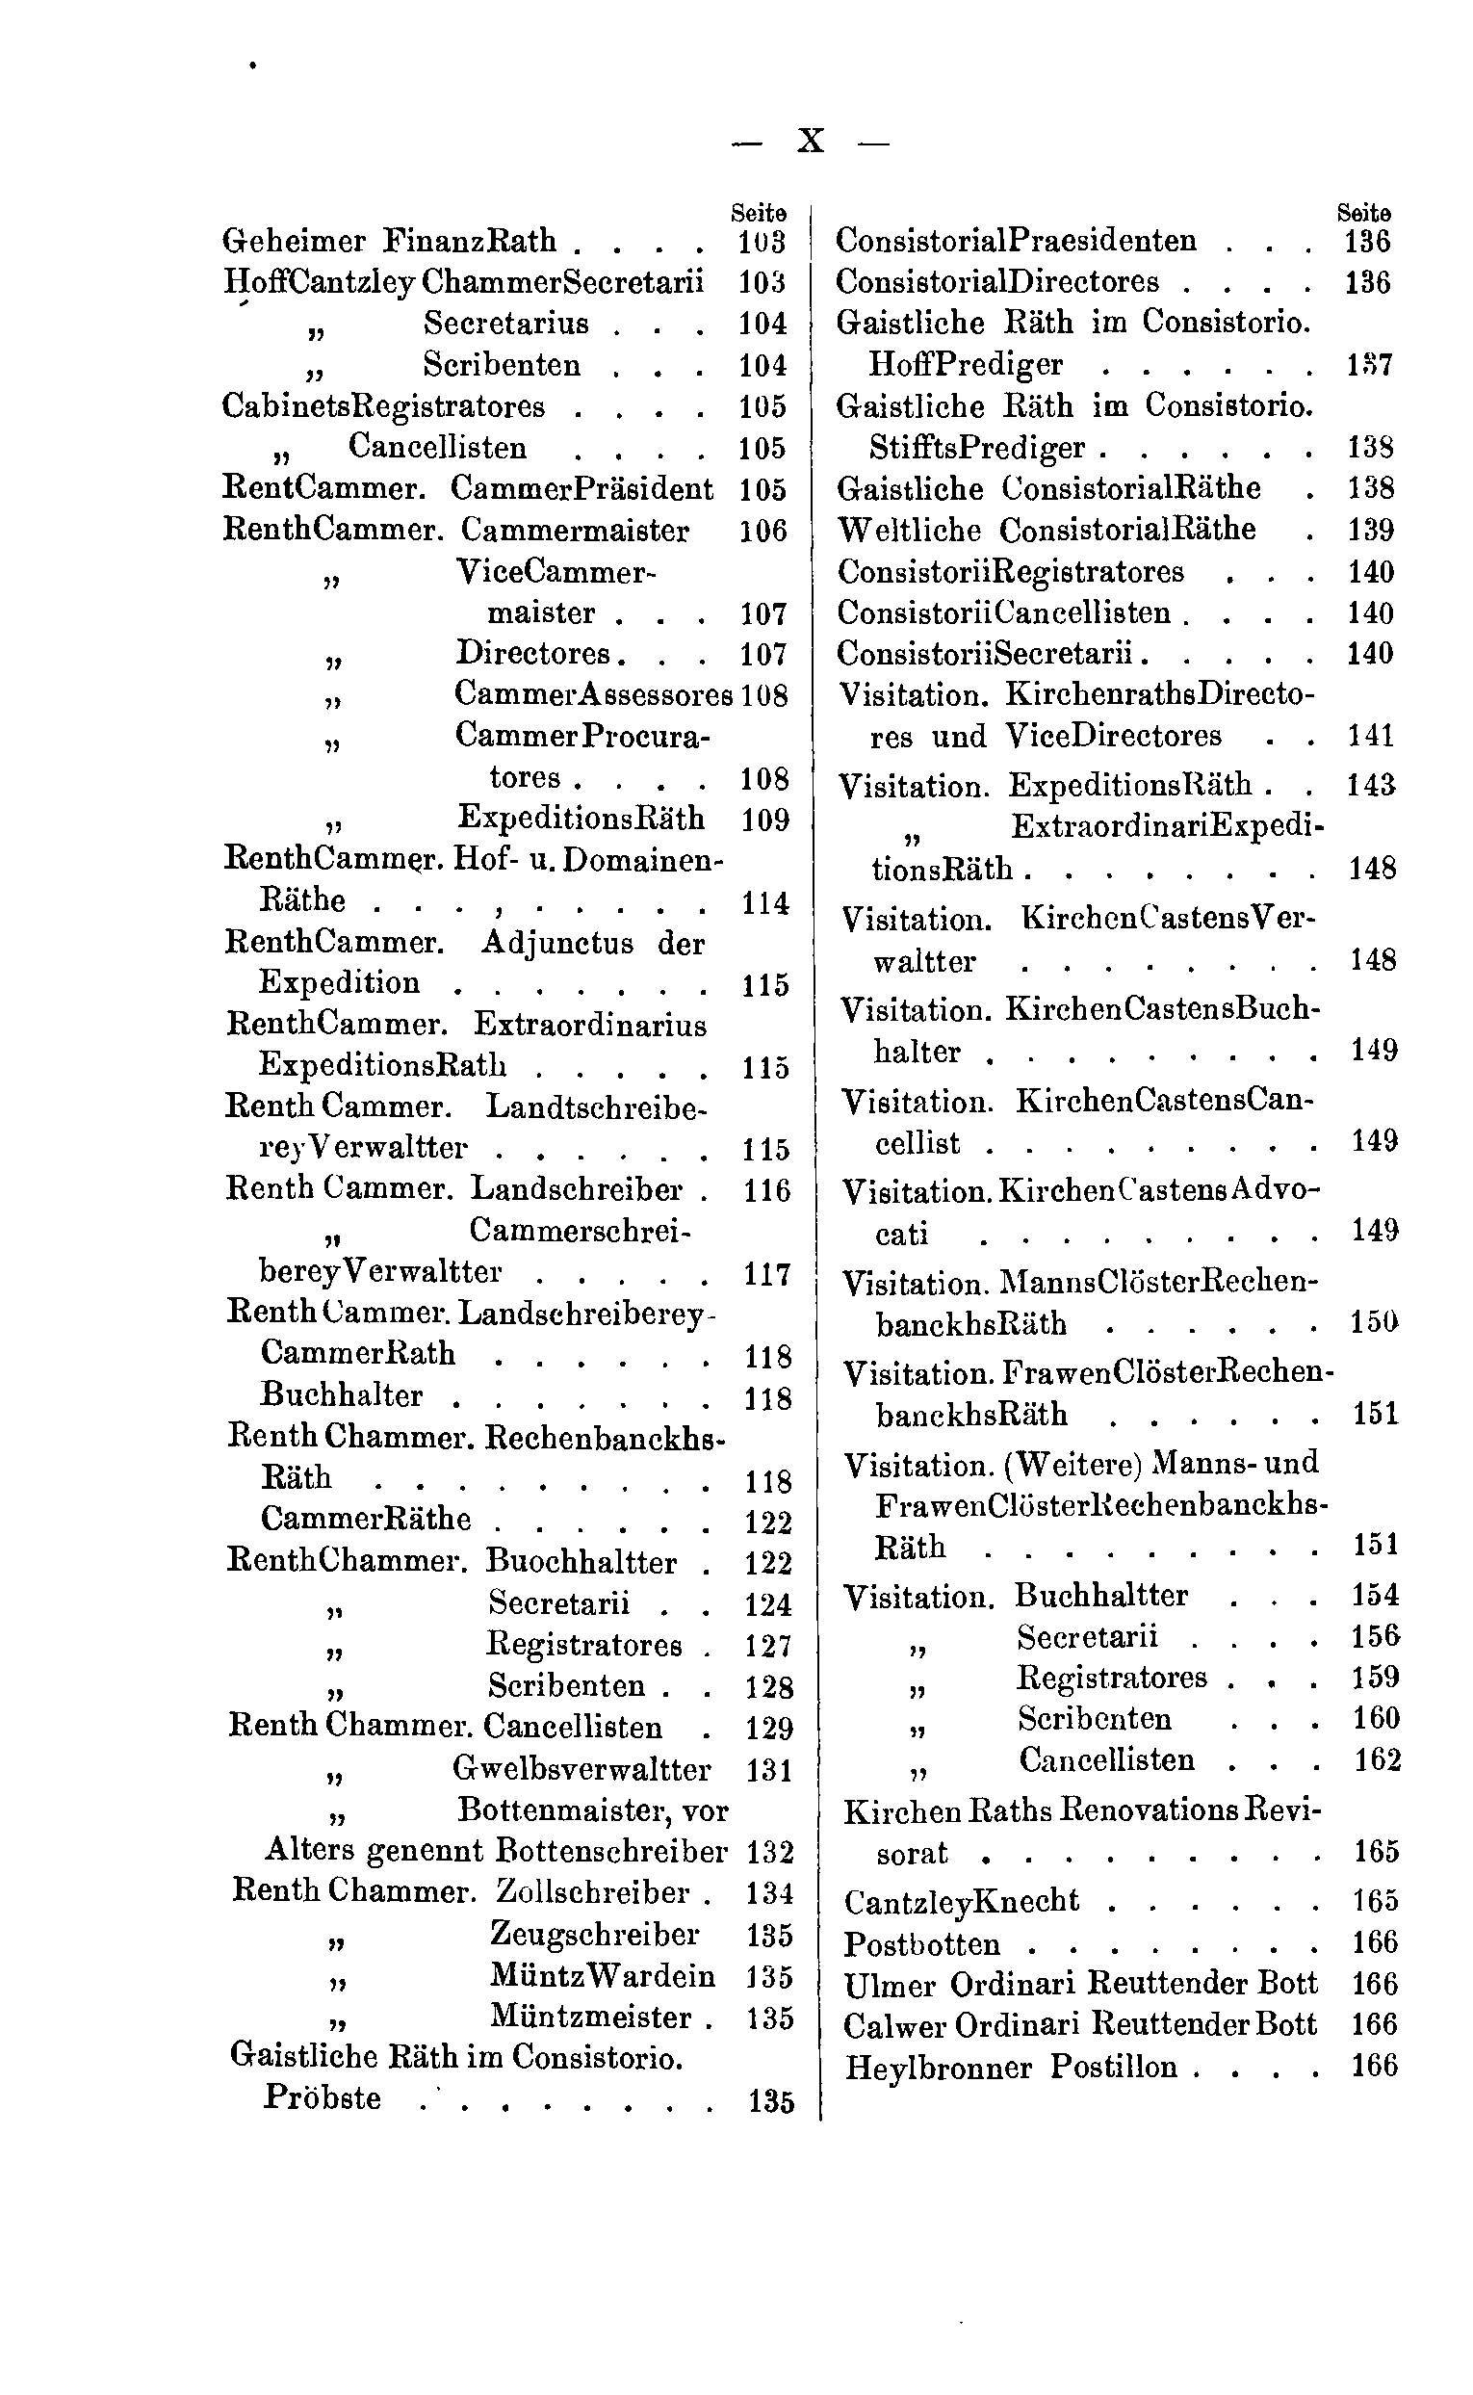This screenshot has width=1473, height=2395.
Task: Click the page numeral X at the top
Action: click(811, 143)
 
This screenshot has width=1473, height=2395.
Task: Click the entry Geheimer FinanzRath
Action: click(390, 241)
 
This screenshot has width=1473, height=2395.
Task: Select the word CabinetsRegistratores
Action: click(384, 405)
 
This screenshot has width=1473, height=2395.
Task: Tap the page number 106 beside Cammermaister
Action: click(762, 531)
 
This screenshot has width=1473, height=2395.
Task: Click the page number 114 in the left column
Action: click(764, 903)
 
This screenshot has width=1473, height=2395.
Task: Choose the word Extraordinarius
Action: click(590, 1025)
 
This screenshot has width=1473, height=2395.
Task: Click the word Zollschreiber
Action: click(593, 1891)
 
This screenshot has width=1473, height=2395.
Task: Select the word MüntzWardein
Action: click(602, 1975)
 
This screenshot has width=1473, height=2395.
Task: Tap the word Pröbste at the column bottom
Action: click(323, 2097)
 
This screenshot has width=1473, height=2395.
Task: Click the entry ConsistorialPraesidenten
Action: click(1016, 241)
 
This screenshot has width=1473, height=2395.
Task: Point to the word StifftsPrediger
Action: click(977, 447)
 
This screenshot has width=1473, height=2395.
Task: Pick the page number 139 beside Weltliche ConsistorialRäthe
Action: click(1371, 530)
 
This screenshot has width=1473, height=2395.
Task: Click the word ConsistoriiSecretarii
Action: click(990, 653)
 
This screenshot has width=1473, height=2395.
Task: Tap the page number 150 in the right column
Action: click(1374, 1323)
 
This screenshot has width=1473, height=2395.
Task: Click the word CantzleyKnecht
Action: click(962, 1901)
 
